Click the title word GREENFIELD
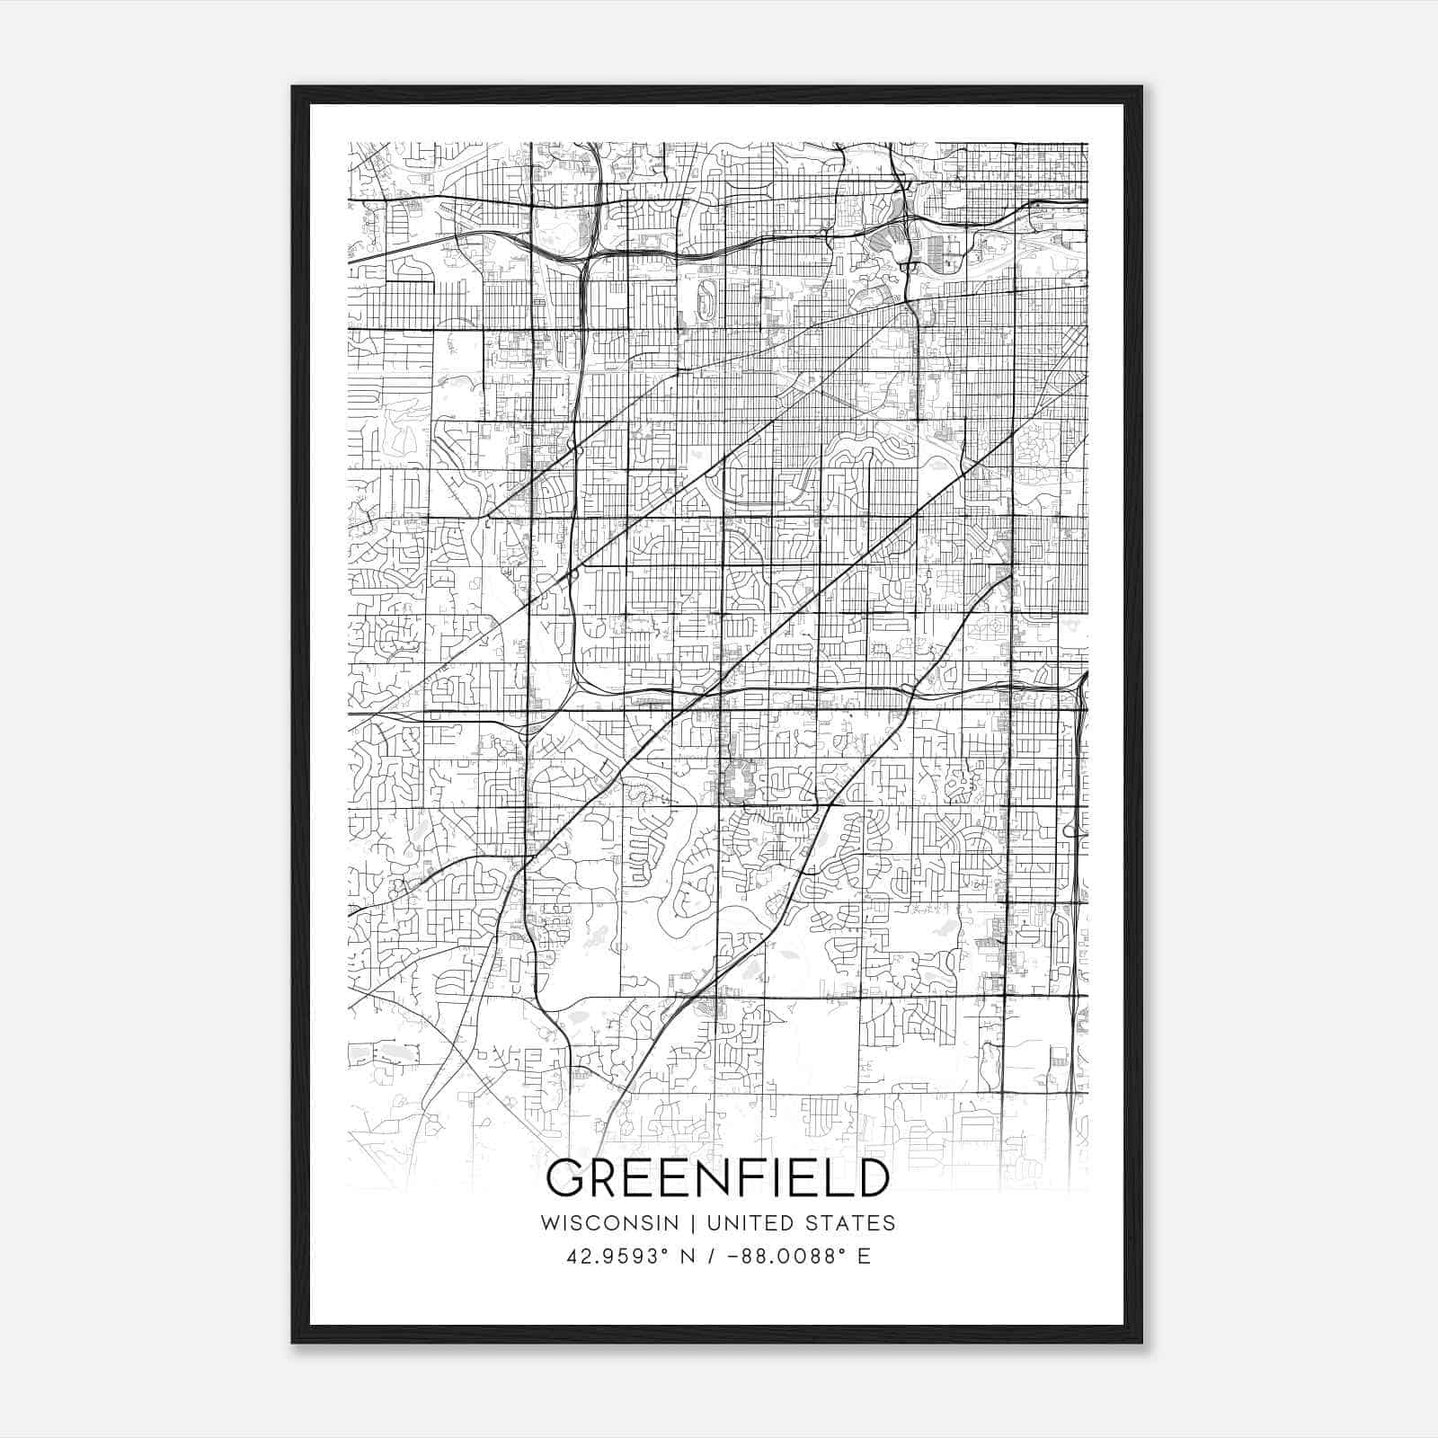point(718,1178)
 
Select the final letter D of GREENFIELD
point(869,1178)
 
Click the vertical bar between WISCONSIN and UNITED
point(693,1223)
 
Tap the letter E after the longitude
point(865,1256)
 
